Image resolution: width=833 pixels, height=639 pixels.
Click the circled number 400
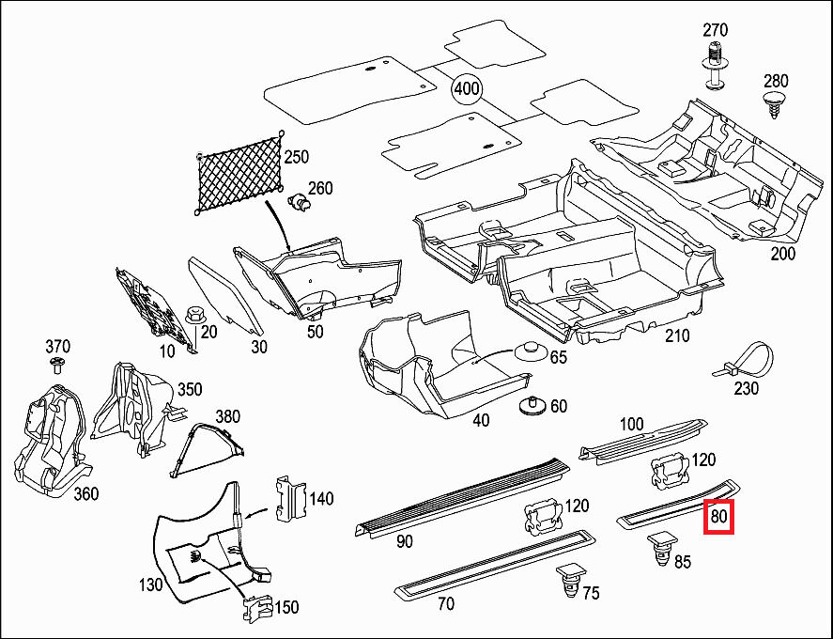(467, 89)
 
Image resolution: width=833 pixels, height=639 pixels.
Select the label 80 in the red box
(718, 517)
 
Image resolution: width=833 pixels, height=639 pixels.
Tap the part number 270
(717, 28)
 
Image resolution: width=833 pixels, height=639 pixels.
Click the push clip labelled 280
(775, 103)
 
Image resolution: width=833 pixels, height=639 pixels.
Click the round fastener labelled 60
(532, 406)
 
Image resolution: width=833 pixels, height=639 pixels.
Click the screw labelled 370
(57, 364)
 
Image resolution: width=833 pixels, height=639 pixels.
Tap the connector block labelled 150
(256, 610)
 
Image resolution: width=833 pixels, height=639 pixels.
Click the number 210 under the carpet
(675, 335)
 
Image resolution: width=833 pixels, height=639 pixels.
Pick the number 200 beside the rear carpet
(781, 254)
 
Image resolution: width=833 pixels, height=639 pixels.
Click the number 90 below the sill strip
(405, 541)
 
